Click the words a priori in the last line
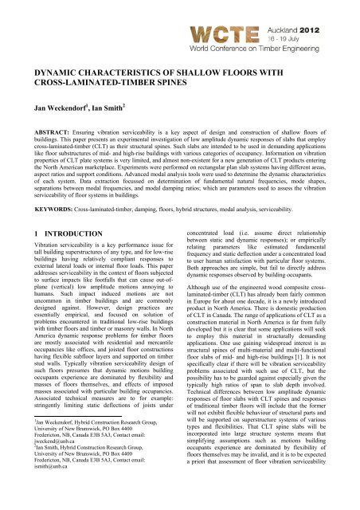click(x=197, y=503)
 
